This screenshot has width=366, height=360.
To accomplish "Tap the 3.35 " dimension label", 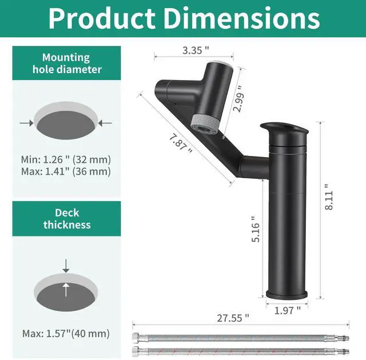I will pos(195,50).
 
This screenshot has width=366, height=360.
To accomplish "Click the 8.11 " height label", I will pos(327,198).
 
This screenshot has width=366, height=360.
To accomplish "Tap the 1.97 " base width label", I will pos(287,310).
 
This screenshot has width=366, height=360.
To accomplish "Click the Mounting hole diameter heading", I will pos(66,63).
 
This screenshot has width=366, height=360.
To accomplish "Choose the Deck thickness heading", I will pos(66,218).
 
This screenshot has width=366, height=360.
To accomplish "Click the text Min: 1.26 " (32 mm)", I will pos(66,159).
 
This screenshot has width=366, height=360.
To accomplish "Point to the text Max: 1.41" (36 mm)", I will pos(66,171).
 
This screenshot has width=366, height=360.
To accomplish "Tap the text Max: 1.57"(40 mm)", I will pos(66,333).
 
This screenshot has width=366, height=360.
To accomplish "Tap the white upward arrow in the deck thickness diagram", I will pos(66,290).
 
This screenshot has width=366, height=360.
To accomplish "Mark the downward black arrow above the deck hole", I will pos(66,265).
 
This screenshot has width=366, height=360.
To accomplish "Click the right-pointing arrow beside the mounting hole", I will pos(26,123).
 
